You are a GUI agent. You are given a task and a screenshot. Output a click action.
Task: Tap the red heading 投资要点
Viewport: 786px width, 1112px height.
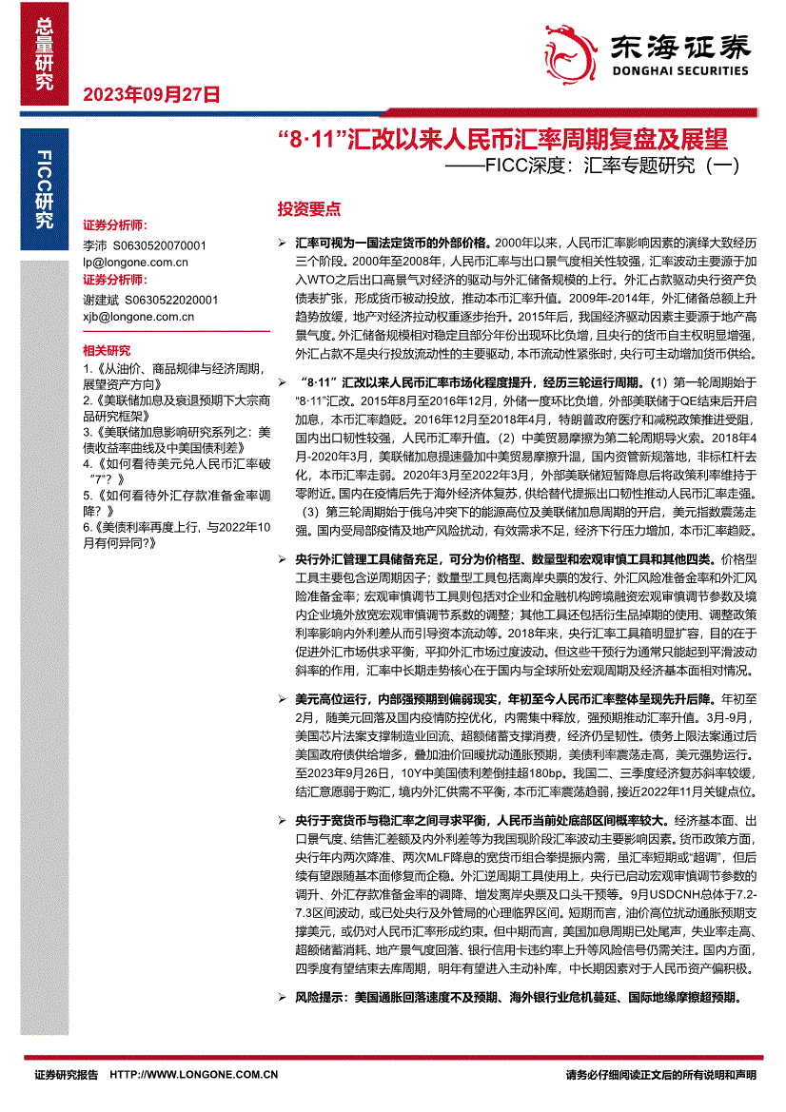[x=308, y=209]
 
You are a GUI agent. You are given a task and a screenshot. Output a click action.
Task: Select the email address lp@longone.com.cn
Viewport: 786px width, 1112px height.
[x=135, y=262]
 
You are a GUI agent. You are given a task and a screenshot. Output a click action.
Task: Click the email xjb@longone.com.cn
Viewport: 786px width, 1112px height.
[x=138, y=316]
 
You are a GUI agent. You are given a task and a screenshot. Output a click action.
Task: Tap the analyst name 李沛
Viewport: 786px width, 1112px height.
[x=95, y=244]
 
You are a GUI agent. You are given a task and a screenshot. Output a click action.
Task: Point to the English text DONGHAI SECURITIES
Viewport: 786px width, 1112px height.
[x=678, y=70]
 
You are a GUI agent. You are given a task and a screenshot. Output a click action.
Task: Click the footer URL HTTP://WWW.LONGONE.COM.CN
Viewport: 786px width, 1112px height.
[x=194, y=1075]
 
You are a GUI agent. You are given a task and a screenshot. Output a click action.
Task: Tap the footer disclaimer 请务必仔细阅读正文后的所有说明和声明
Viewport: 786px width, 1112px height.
[x=660, y=1075]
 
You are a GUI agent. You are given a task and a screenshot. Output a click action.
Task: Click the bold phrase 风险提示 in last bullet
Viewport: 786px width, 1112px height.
[x=321, y=998]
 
